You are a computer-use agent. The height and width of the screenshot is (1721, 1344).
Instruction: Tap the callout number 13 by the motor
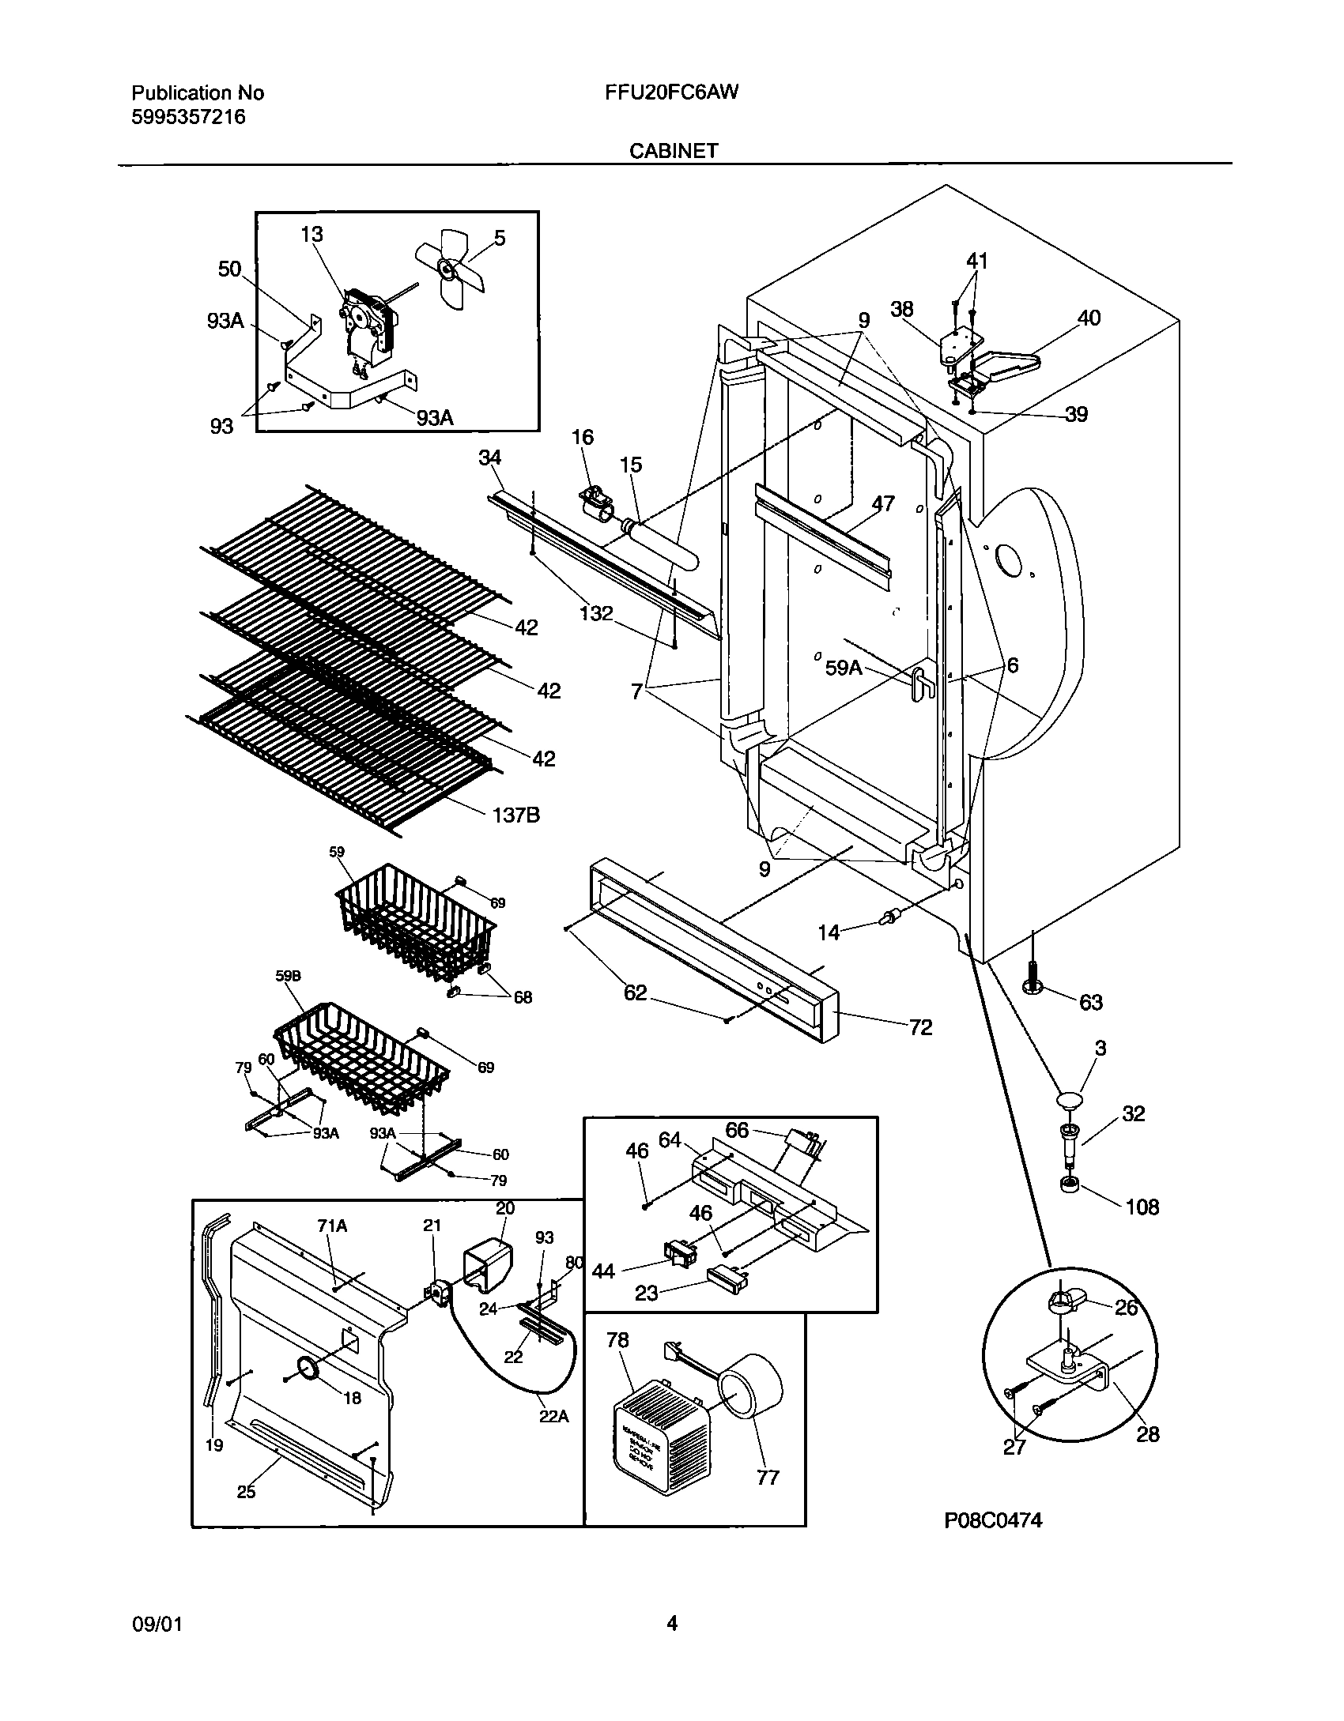311,234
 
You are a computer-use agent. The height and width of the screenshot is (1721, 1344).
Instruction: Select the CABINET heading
674,151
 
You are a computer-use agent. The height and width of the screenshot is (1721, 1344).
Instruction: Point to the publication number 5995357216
188,117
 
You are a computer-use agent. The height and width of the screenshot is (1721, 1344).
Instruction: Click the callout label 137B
515,814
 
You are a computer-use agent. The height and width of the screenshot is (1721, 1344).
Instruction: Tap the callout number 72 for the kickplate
920,1027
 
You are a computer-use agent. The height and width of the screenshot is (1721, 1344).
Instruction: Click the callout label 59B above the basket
288,976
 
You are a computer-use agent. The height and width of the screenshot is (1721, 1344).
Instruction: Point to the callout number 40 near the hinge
1088,318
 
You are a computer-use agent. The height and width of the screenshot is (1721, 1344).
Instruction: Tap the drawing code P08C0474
993,1542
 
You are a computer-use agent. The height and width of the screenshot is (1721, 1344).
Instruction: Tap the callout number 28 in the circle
1146,1434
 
